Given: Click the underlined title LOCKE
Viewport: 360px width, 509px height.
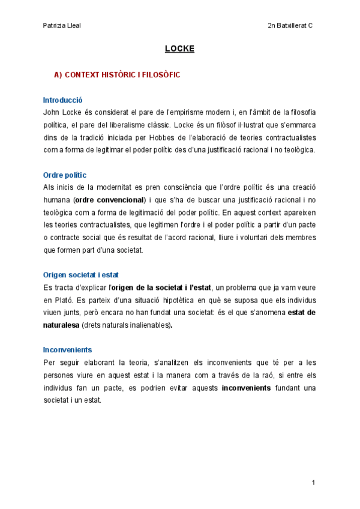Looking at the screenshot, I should tap(179, 49).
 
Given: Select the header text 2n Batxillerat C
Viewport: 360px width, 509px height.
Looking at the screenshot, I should tap(291, 26).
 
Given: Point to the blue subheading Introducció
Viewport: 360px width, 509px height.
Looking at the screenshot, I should tap(62, 100).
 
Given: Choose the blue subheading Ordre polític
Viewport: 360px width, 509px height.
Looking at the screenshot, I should tap(65, 175).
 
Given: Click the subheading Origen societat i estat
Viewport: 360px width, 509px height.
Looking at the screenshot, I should tap(81, 275).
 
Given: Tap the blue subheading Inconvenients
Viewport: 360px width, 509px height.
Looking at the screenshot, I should tap(67, 349).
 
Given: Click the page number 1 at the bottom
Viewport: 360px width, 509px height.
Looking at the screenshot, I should tap(313, 483).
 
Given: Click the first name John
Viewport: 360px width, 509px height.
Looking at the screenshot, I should tap(52, 112).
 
